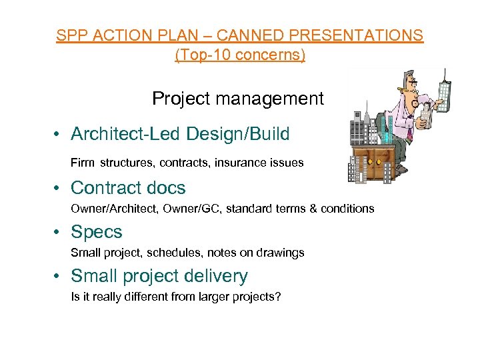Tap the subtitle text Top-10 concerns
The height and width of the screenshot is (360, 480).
point(240,55)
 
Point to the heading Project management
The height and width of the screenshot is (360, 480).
point(237,99)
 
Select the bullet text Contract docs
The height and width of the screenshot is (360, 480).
point(128,188)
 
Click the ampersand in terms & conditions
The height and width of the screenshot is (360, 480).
point(312,209)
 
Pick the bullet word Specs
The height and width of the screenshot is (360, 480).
point(97,232)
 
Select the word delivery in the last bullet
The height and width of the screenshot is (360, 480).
point(217,276)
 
